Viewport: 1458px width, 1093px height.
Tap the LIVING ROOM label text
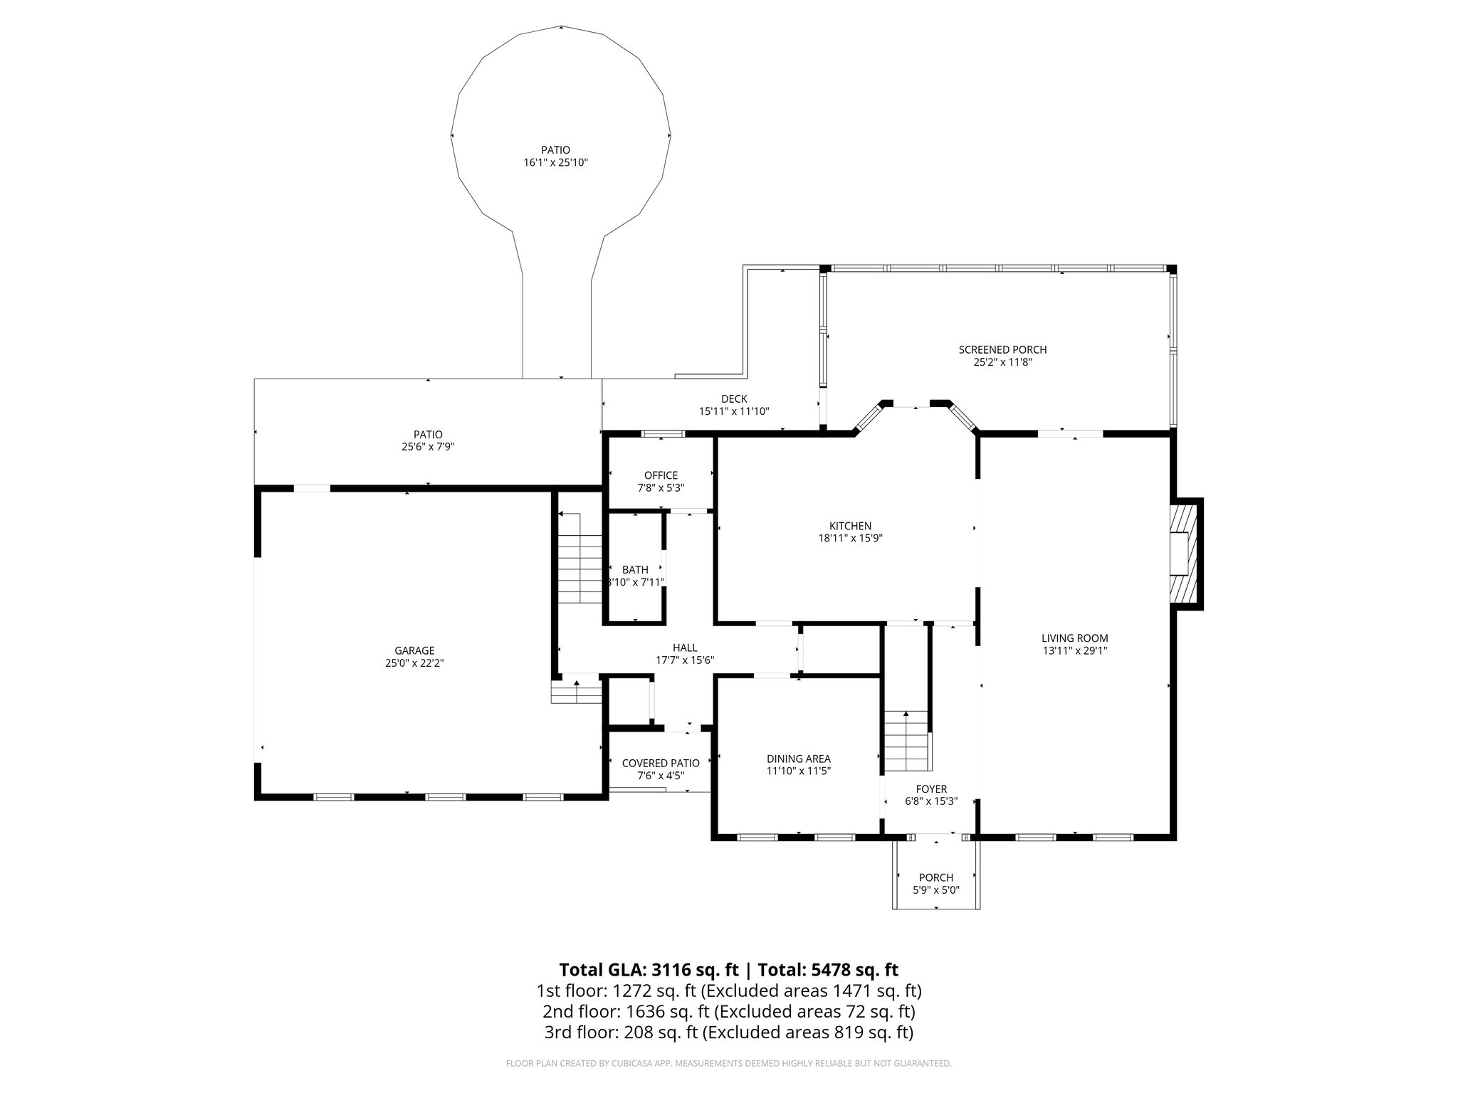pos(1074,638)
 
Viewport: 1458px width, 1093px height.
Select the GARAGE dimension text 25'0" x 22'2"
pos(414,662)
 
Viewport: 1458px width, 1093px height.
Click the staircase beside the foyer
pos(907,741)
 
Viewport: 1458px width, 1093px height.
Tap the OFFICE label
pos(661,475)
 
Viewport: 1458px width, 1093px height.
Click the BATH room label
pos(635,569)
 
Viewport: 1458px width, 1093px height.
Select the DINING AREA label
pos(798,759)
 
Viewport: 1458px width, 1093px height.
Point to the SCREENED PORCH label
pos(1002,349)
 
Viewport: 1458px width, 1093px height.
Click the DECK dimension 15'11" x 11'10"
pos(733,411)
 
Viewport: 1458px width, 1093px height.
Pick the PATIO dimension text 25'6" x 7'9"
pos(428,447)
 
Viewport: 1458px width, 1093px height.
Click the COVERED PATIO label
pos(661,763)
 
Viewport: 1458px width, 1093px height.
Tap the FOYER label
pos(931,789)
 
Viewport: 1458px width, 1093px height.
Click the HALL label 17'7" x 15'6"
pos(685,653)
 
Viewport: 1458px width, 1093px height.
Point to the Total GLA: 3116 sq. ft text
pos(650,970)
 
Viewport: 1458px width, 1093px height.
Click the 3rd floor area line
pos(728,1033)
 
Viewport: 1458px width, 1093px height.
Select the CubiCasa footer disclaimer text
pos(728,1064)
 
